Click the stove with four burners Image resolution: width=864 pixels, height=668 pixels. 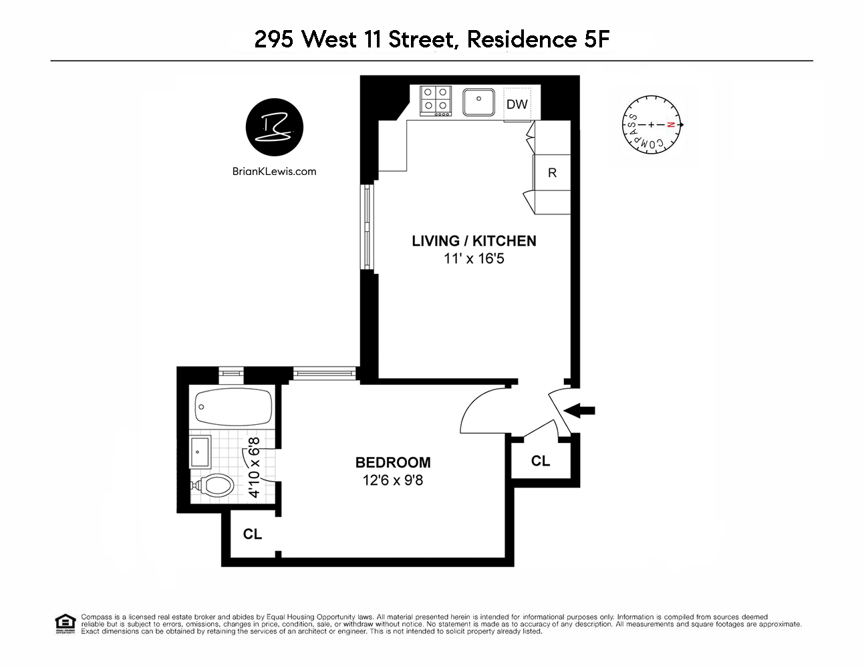click(x=435, y=100)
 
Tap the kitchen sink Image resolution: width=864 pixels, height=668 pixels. click(x=478, y=102)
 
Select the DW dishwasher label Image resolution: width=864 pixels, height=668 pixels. click(x=517, y=104)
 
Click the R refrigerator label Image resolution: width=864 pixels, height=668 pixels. click(x=552, y=173)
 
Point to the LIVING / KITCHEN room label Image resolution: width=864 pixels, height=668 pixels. click(x=474, y=241)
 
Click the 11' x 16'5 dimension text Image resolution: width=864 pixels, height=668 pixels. click(x=474, y=259)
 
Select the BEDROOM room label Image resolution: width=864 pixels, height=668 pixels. click(x=393, y=462)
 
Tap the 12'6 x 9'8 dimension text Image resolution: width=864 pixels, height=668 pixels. click(x=393, y=480)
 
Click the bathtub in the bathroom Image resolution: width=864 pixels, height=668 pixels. click(x=233, y=407)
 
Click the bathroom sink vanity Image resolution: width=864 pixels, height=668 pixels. click(x=200, y=452)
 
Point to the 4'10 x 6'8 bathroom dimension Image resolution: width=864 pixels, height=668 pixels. click(x=254, y=468)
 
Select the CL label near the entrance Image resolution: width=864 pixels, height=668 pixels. click(x=541, y=461)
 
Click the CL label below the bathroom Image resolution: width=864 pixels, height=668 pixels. click(x=253, y=534)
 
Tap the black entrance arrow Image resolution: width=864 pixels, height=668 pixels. click(x=580, y=411)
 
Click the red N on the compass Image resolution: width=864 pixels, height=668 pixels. click(x=671, y=125)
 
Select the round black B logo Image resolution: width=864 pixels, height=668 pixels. click(x=275, y=128)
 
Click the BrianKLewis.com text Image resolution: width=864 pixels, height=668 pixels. click(x=275, y=172)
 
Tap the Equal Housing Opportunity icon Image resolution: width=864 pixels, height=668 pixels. click(x=65, y=624)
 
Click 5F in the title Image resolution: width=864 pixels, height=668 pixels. click(x=597, y=39)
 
